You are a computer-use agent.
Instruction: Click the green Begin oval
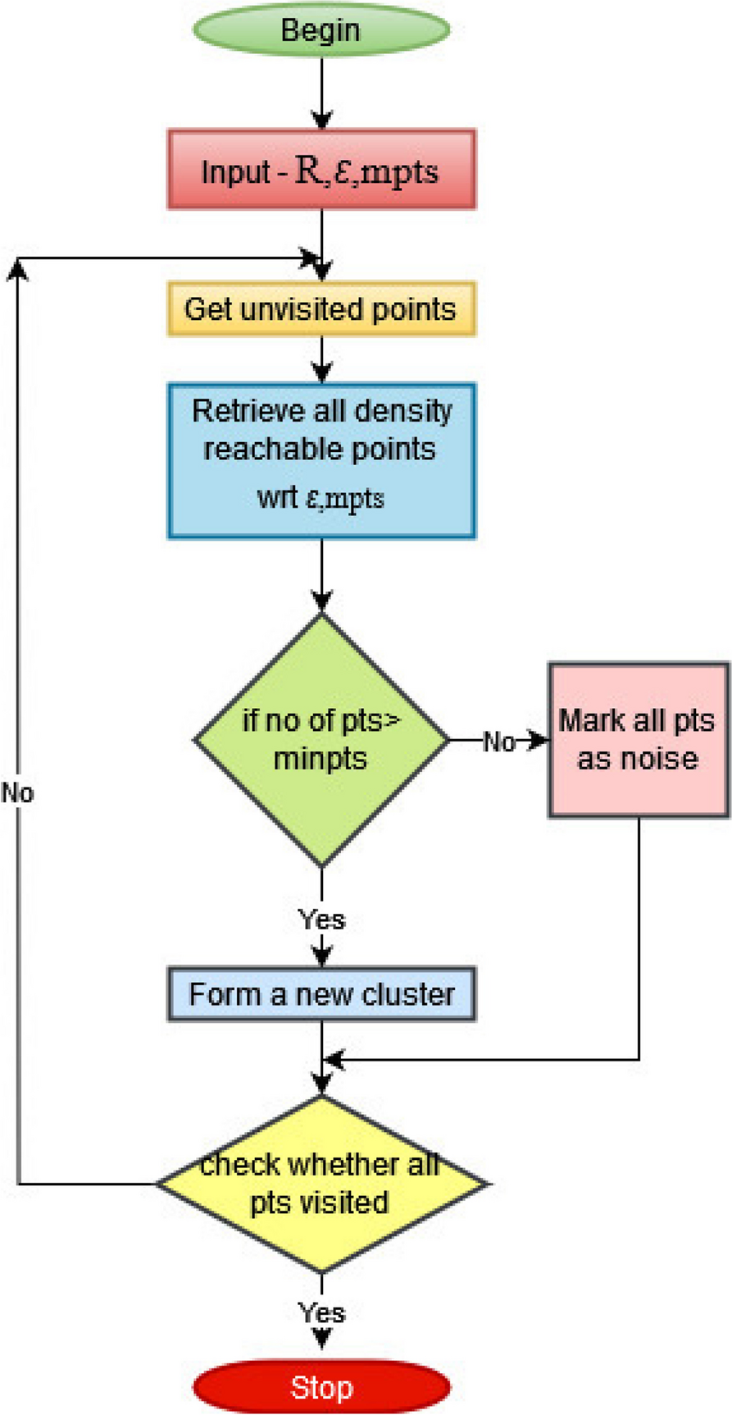(x=321, y=30)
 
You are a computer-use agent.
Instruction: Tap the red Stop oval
(x=321, y=1387)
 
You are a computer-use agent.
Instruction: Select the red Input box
(x=321, y=170)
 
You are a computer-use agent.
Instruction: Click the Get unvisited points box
(x=321, y=309)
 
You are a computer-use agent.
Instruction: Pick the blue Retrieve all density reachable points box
(x=321, y=460)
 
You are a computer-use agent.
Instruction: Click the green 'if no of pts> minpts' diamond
(x=321, y=739)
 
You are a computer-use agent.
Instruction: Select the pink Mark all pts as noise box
(x=638, y=740)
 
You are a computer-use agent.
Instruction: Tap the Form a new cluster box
(x=321, y=994)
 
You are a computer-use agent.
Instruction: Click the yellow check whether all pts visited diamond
(x=321, y=1184)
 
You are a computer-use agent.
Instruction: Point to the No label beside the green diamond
(x=498, y=742)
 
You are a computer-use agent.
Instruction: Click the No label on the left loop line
(x=17, y=793)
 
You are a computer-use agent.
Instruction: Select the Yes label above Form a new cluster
(x=321, y=920)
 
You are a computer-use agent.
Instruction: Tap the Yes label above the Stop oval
(x=321, y=1312)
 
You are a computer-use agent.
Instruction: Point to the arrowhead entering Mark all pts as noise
(x=540, y=741)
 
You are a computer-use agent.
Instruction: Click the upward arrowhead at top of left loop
(x=17, y=268)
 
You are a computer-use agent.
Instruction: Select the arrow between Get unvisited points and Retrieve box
(x=321, y=359)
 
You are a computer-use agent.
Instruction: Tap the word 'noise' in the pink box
(x=664, y=759)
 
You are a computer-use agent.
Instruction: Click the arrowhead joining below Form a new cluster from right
(x=333, y=1060)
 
